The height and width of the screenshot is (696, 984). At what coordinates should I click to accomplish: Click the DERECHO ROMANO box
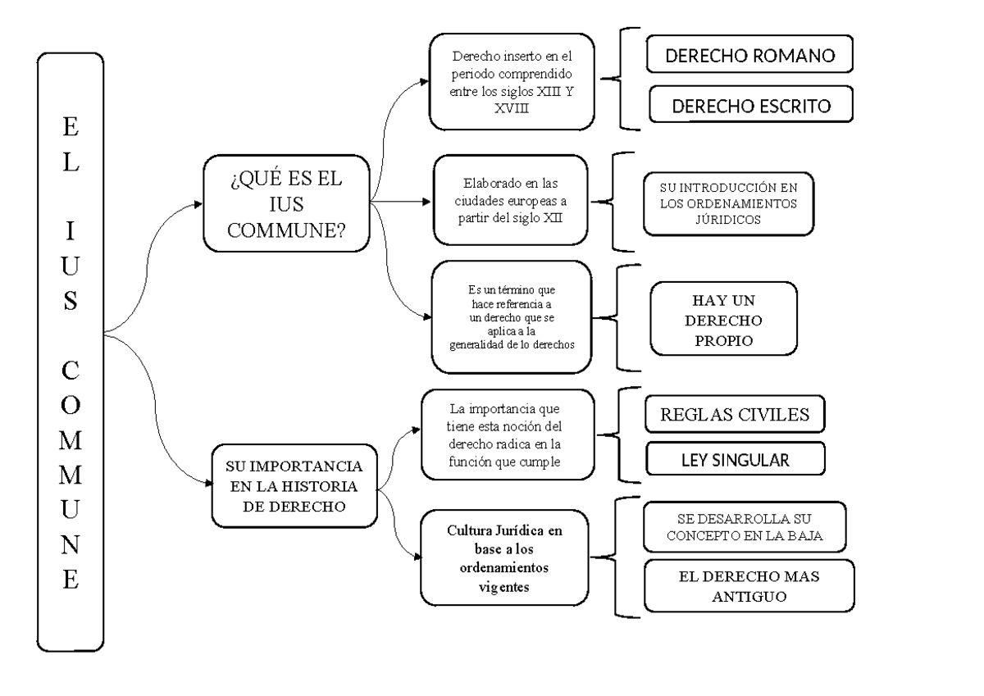[749, 57]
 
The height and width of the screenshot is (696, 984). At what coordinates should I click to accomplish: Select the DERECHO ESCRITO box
[750, 106]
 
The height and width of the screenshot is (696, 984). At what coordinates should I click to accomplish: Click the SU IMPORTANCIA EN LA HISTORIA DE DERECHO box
[294, 486]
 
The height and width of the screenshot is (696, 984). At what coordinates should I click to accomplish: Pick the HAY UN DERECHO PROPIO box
[722, 320]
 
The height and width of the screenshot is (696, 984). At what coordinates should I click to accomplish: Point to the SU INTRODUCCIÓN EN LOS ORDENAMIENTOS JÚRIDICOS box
[727, 202]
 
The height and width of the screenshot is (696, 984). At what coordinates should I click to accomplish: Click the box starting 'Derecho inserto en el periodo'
[511, 83]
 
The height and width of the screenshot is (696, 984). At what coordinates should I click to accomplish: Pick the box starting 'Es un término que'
[511, 317]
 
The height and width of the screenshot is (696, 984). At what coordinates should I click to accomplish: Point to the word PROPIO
[722, 340]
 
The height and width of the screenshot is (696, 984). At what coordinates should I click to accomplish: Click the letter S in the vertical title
[71, 300]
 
